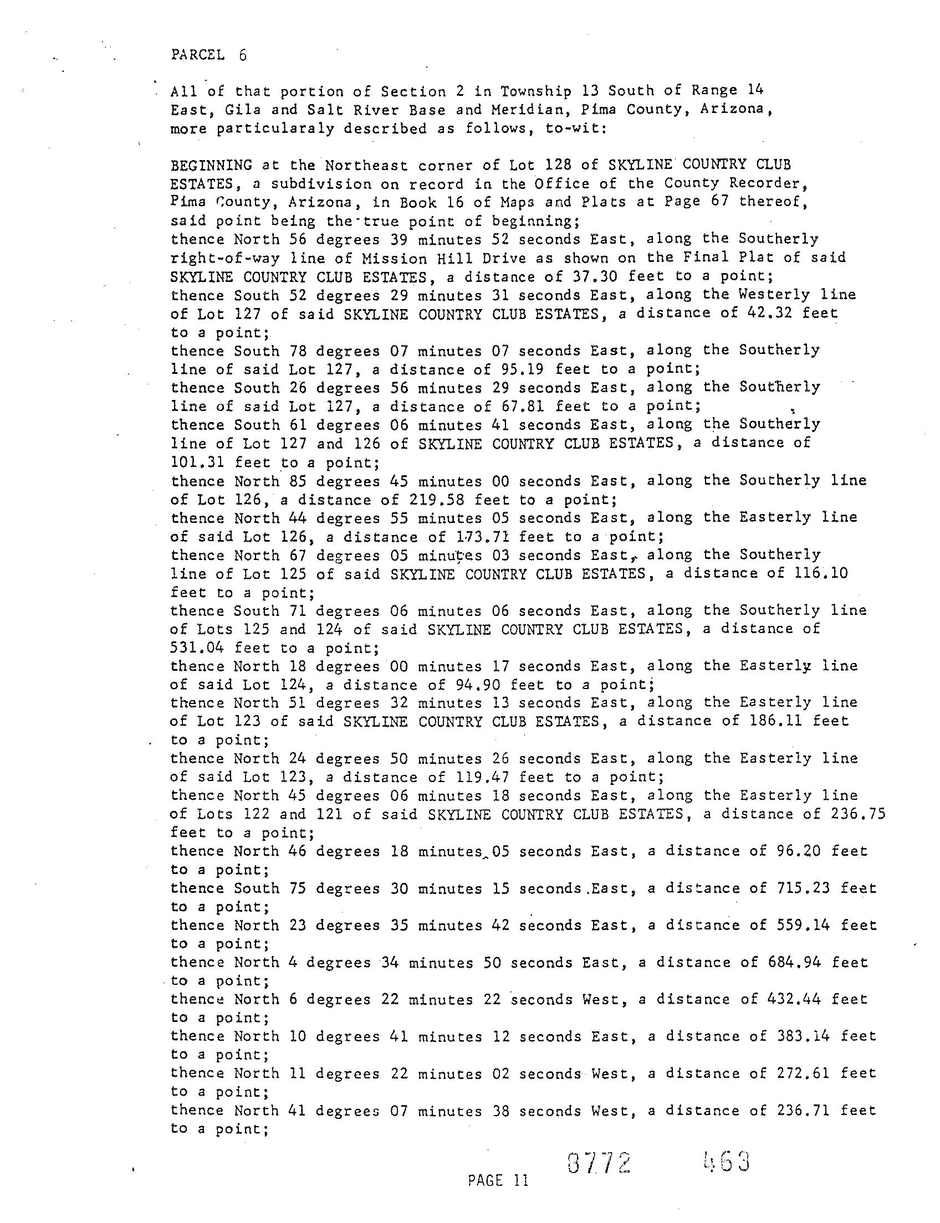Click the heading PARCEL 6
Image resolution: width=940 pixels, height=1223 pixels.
208,55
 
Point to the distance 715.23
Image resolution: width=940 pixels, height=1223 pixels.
804,888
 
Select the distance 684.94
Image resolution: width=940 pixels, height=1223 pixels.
794,962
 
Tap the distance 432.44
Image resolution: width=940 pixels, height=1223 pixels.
794,999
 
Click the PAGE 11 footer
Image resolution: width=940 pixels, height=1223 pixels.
497,1181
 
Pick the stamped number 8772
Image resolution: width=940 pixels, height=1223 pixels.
599,1164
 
